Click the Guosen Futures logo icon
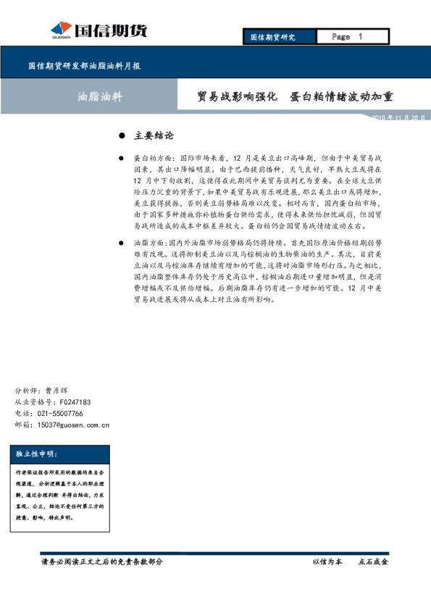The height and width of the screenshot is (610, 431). (x=60, y=30)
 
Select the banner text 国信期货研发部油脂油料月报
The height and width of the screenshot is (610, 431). (x=84, y=65)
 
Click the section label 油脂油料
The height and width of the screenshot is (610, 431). (x=100, y=96)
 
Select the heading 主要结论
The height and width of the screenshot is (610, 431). (x=154, y=135)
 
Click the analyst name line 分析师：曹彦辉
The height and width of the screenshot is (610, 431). (x=41, y=390)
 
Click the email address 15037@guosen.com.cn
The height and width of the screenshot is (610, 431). (x=72, y=425)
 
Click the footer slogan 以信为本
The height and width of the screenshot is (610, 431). (x=327, y=561)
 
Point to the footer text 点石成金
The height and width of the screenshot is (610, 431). (x=374, y=561)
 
